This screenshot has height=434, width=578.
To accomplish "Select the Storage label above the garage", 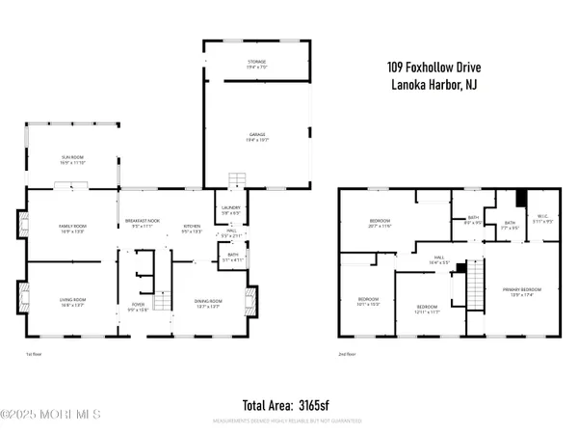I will click(x=255, y=65).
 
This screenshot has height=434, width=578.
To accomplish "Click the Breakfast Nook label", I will click(x=142, y=224).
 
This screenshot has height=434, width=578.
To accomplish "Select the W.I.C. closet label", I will click(x=543, y=219).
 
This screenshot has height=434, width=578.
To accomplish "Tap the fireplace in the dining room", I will click(x=252, y=302).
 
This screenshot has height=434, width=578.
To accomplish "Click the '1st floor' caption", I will click(x=35, y=354).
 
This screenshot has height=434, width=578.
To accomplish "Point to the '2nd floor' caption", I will click(x=347, y=354).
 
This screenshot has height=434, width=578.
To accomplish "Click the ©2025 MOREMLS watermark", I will click(x=52, y=416).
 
